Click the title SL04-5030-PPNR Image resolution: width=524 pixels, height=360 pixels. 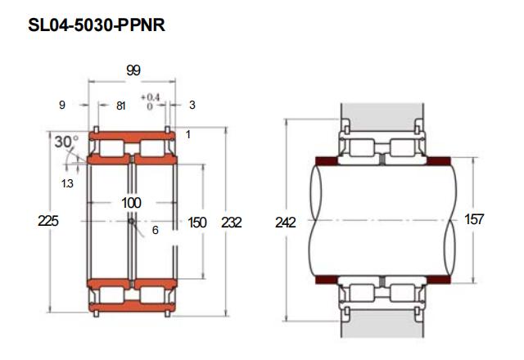97,25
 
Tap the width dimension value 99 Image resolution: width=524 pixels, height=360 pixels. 133,70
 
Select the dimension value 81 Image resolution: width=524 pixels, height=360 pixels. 121,106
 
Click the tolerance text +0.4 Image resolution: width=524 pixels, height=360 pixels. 150,97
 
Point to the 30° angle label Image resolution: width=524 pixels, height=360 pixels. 66,142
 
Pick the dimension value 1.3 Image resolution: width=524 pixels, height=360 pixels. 67,183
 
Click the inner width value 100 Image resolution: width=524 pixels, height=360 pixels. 131,203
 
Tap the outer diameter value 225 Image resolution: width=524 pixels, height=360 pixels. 48,221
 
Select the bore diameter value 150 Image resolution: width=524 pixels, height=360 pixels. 197,223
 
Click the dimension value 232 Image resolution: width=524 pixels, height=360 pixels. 231,223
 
